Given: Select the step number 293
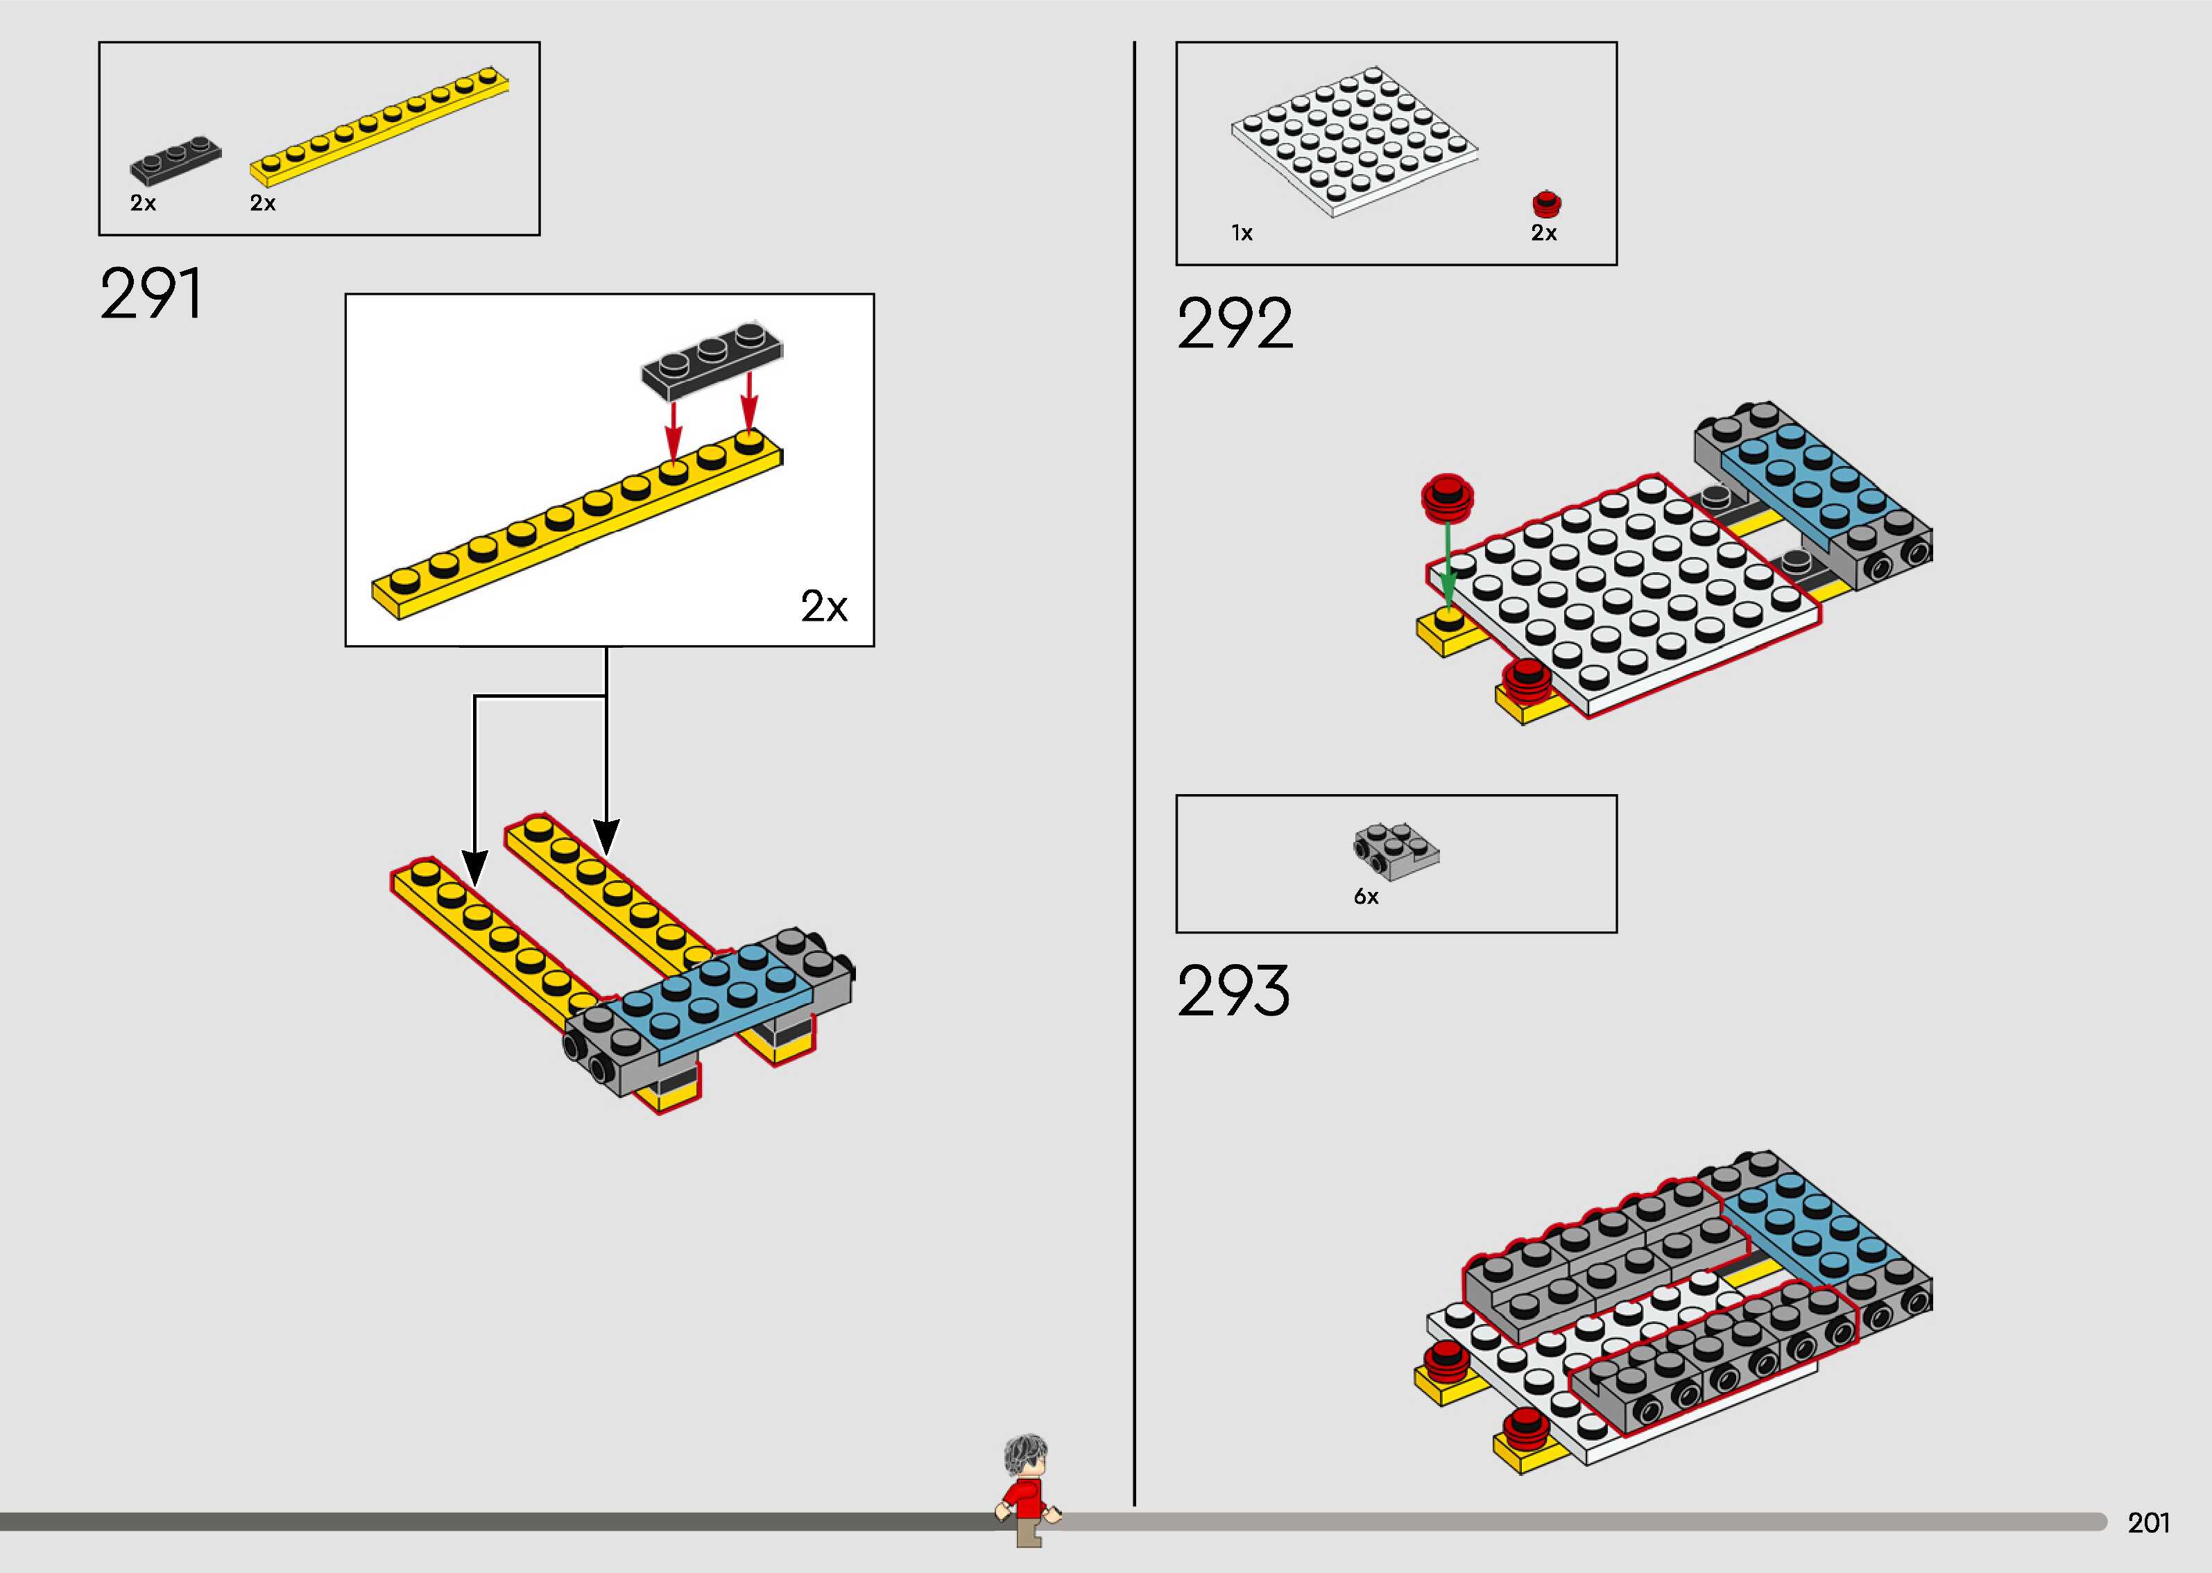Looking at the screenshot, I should click(1233, 991).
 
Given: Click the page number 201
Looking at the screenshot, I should click(2148, 1522).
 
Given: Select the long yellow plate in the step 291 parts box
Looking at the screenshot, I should click(379, 126).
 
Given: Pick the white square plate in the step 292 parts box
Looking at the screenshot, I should click(1354, 140).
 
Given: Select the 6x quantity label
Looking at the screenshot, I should click(1366, 897).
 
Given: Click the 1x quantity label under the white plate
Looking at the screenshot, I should click(1242, 234).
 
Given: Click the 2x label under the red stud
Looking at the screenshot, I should click(1544, 234).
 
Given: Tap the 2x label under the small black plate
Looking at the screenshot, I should click(144, 203).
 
